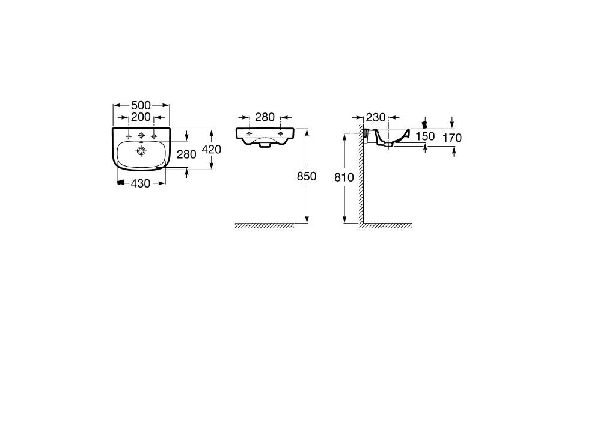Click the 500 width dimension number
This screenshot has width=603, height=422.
tap(141, 105)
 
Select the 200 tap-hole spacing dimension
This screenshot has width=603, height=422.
tap(141, 117)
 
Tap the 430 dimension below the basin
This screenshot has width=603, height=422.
tap(140, 183)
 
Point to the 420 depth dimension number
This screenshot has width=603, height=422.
tap(212, 149)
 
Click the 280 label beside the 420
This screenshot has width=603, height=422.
tap(186, 154)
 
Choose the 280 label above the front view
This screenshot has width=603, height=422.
tap(265, 117)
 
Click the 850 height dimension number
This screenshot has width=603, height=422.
tap(307, 176)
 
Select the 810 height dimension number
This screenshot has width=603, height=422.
tap(344, 177)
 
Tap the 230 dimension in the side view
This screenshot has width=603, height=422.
tap(375, 117)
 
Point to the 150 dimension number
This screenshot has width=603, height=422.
tap(425, 136)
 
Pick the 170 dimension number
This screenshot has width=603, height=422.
tap(452, 138)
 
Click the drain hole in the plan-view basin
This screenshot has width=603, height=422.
tap(141, 151)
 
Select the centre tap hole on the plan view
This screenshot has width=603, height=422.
tap(141, 135)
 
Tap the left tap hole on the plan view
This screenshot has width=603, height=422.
tap(129, 136)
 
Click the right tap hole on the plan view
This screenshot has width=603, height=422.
tap(154, 136)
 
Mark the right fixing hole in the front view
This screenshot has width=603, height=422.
tap(280, 133)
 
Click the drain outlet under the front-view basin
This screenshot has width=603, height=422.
tap(265, 145)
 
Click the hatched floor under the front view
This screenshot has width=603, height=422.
tap(265, 225)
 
